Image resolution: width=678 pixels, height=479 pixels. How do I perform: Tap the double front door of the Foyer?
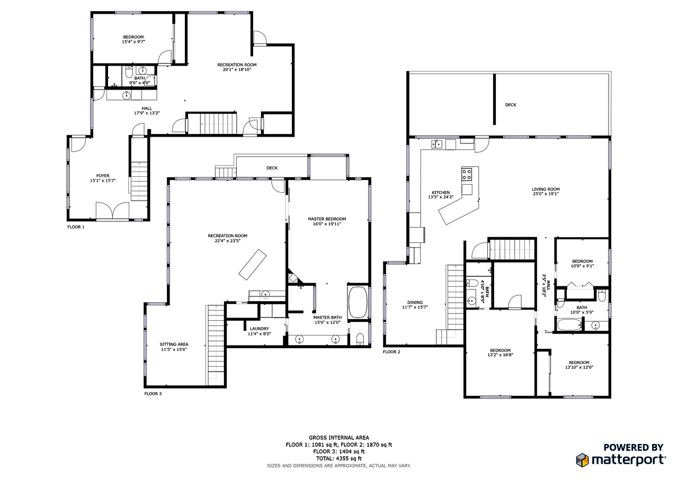[112, 211]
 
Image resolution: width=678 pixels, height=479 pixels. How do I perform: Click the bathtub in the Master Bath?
[358, 302]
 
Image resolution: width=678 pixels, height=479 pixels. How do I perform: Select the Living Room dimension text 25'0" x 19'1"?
[546, 194]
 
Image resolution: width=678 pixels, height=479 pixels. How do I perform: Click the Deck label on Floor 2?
[510, 105]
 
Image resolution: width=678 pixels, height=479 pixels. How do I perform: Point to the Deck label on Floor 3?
[272, 168]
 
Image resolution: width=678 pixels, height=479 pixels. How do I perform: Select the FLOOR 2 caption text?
[391, 351]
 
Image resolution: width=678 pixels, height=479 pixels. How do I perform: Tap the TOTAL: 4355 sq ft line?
[338, 458]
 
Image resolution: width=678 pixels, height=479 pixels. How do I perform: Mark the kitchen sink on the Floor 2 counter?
[437, 143]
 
